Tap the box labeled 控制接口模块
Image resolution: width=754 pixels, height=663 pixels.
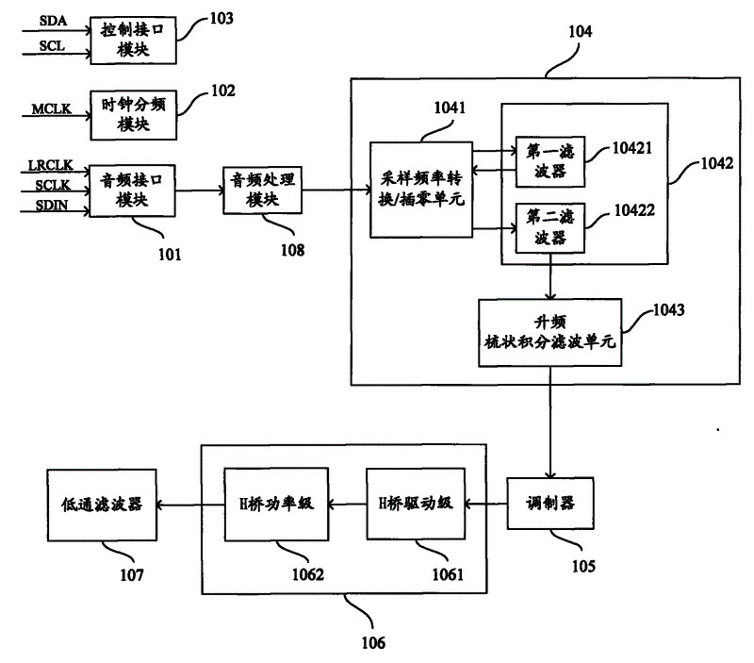(126, 40)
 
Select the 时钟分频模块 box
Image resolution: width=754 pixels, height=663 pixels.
(126, 114)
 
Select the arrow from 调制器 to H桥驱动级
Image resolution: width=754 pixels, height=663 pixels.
(484, 504)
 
